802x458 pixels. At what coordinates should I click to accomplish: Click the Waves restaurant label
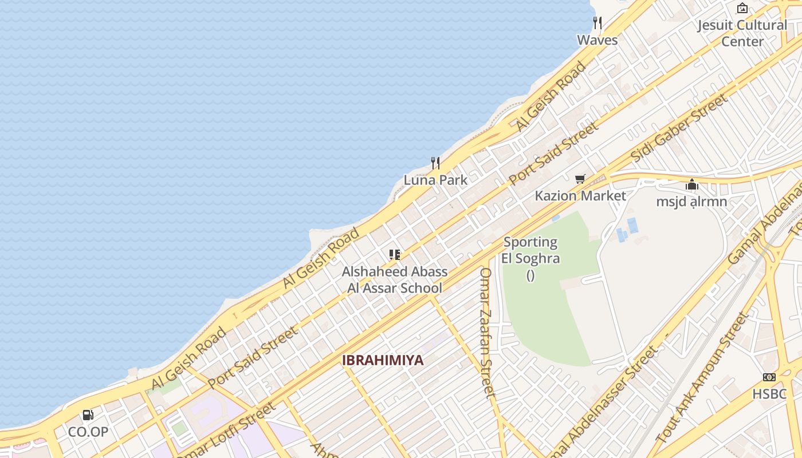click(x=597, y=40)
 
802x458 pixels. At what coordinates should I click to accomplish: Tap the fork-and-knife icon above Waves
click(x=597, y=23)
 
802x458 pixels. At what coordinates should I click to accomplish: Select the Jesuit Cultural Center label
click(x=742, y=33)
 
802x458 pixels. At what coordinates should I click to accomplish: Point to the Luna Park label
click(x=435, y=180)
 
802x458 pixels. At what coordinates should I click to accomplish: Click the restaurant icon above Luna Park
click(x=435, y=163)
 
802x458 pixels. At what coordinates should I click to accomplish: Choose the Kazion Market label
click(x=580, y=196)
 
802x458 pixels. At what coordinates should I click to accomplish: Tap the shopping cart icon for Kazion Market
click(x=580, y=179)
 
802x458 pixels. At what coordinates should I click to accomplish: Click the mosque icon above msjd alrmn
click(x=692, y=185)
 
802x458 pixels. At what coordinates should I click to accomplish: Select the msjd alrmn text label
click(x=691, y=202)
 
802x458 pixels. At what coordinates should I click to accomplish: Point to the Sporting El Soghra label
click(x=530, y=250)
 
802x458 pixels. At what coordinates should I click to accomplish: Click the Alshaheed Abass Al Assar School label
click(x=395, y=279)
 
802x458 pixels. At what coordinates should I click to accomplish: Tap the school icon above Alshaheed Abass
click(x=394, y=255)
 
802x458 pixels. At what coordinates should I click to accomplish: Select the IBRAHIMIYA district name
click(x=383, y=360)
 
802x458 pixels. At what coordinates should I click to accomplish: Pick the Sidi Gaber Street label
click(x=679, y=128)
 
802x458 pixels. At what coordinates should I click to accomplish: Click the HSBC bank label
click(x=769, y=394)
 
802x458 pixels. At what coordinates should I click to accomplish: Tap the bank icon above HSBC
click(x=769, y=377)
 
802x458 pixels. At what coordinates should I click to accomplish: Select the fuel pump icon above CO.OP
click(x=88, y=415)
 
